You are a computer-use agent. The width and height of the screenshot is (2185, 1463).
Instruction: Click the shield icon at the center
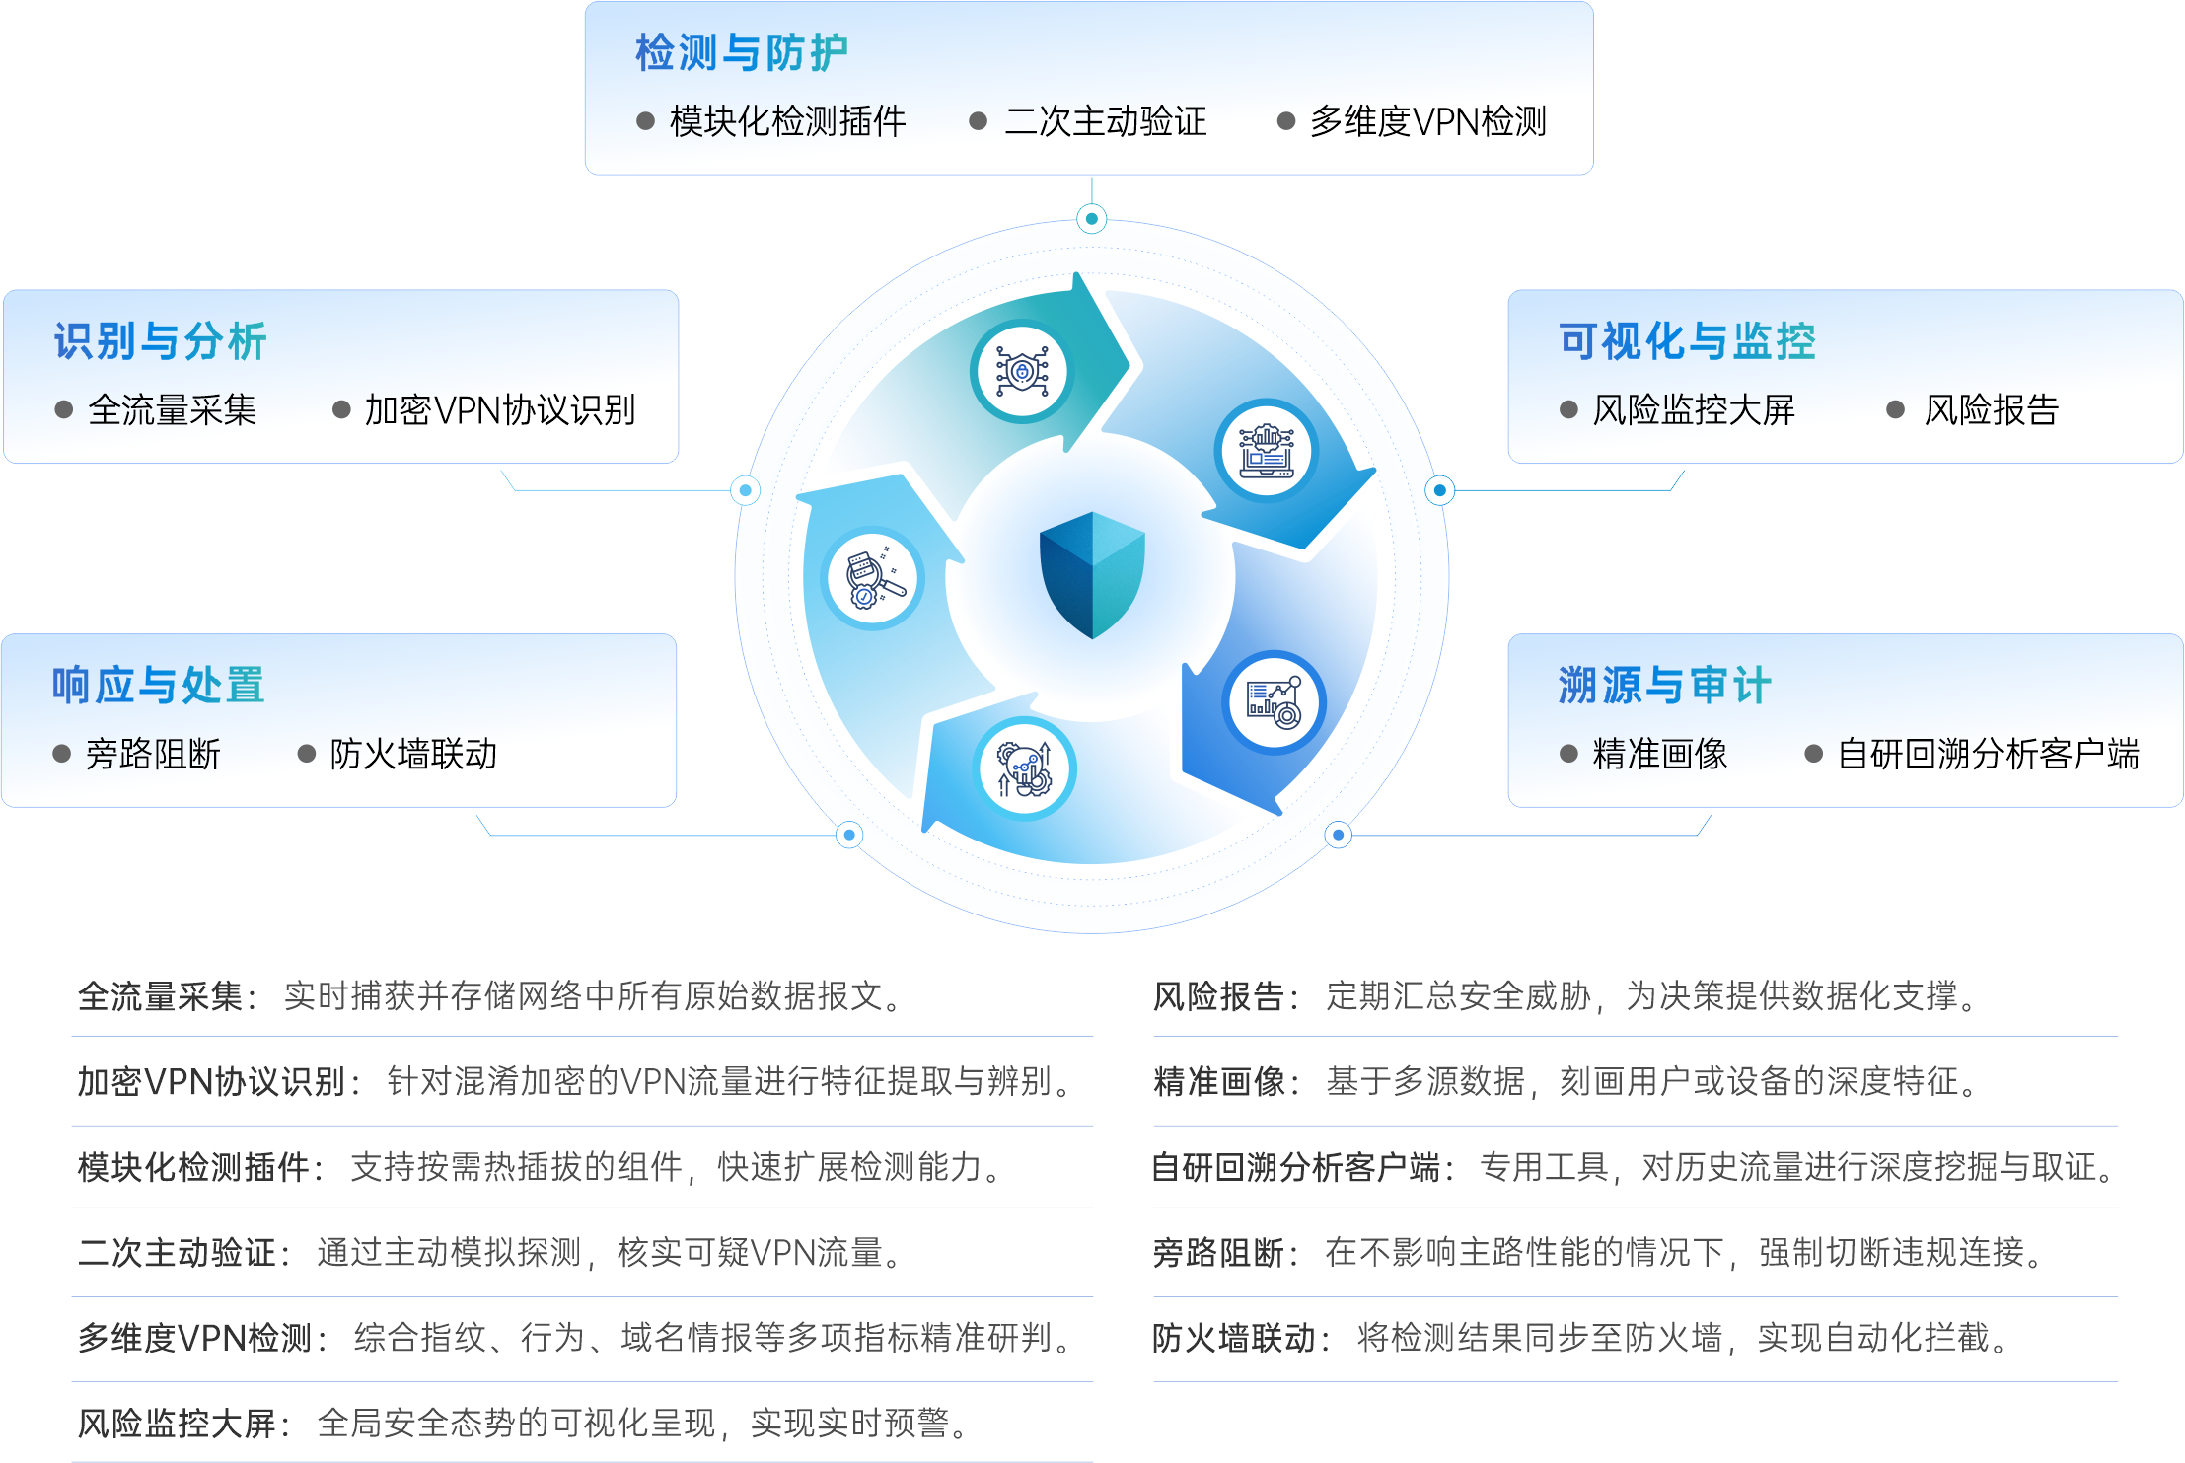[1092, 574]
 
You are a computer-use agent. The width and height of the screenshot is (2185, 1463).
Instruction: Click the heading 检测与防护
[741, 53]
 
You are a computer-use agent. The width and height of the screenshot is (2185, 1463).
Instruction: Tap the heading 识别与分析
[160, 341]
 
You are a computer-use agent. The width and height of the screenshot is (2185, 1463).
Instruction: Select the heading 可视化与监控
[1687, 341]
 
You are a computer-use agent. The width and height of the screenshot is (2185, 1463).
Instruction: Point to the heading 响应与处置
[158, 685]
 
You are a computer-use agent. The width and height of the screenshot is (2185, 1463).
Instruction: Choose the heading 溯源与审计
[1664, 685]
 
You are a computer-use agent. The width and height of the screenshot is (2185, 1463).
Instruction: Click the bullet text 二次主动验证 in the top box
[1105, 122]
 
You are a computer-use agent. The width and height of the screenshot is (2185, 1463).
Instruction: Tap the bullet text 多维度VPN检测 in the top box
[1427, 122]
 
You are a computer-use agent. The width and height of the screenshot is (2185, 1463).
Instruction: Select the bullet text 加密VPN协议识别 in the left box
[499, 410]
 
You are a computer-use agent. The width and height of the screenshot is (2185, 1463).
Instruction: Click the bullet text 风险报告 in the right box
[1991, 410]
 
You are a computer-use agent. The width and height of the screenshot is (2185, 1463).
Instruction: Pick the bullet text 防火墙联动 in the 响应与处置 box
[413, 755]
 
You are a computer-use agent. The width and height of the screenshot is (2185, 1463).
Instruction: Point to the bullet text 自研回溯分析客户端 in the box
[1988, 755]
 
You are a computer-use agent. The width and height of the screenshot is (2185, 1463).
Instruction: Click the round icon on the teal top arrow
[1020, 372]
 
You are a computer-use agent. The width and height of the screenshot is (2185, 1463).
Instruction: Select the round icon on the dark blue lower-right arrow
[1275, 702]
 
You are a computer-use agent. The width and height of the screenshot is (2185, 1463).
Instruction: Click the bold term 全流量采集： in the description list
[168, 996]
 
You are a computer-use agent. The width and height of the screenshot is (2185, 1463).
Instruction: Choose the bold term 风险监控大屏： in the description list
[184, 1424]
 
